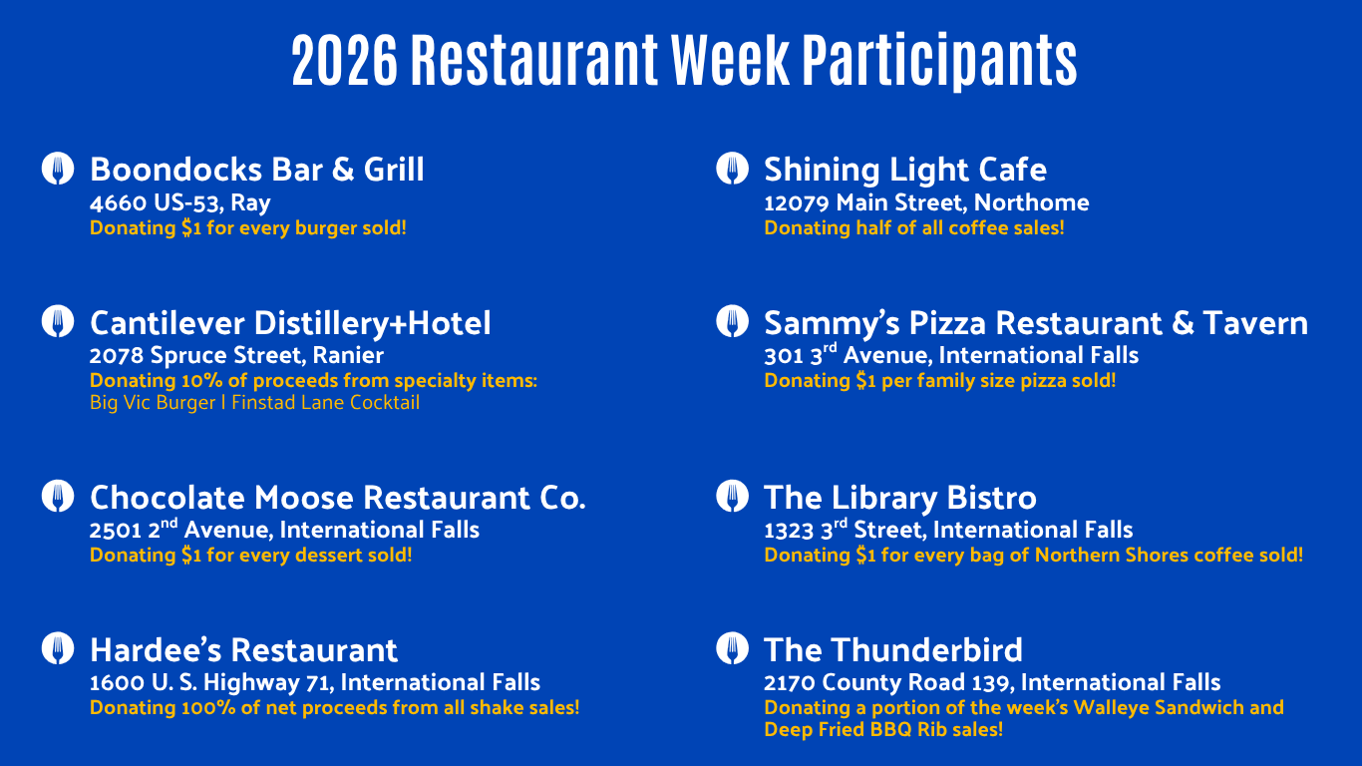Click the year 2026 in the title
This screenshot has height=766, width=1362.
344,60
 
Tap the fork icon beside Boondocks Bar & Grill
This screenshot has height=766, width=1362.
58,169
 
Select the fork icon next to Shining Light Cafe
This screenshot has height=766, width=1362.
732,169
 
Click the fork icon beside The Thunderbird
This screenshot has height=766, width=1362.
732,648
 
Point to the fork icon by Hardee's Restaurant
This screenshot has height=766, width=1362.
58,648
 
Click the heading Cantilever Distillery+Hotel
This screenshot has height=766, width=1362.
290,322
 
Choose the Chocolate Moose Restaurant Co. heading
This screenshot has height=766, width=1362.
337,498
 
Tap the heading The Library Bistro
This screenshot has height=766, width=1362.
900,498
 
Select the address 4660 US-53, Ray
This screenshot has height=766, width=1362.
180,203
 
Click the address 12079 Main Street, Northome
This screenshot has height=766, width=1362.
926,202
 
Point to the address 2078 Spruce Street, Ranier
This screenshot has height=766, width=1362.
236,355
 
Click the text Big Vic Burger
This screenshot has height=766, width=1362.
153,403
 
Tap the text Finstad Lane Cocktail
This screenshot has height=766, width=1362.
325,403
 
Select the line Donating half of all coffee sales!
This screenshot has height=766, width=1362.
914,228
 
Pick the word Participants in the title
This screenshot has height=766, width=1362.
939,61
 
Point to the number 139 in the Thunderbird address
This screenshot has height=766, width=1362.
992,682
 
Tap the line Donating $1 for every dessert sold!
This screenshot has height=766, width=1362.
250,555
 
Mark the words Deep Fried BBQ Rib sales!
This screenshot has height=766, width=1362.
882,729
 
